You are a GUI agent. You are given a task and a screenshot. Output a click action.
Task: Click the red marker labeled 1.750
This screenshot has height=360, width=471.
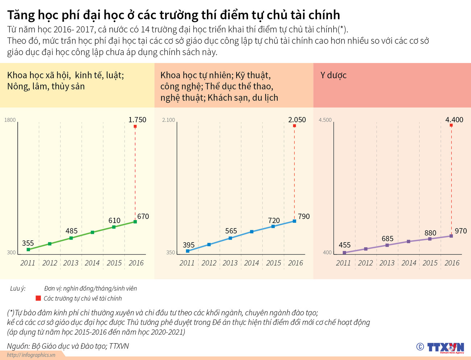135,127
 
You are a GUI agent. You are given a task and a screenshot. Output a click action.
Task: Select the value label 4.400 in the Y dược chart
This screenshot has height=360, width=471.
454,120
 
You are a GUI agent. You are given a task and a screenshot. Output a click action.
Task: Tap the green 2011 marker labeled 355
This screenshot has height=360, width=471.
29,249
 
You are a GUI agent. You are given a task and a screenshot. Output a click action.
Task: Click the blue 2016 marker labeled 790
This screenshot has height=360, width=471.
294,221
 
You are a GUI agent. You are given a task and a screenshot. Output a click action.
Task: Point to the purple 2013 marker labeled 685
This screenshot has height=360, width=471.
387,245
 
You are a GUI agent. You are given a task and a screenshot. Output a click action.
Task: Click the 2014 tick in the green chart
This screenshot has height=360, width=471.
92,263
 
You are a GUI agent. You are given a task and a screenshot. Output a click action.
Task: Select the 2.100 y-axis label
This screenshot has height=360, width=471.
168,120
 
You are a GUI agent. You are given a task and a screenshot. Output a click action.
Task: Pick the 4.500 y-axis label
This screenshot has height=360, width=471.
325,120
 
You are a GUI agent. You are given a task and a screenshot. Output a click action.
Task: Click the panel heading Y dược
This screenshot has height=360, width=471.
333,75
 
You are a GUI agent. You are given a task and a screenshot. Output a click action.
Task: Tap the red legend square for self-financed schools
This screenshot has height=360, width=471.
38,298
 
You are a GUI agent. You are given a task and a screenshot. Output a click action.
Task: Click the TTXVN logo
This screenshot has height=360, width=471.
445,347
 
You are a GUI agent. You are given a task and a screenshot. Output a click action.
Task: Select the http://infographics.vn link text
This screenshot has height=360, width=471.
31,355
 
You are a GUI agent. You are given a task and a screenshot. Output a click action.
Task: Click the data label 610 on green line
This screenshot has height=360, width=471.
114,220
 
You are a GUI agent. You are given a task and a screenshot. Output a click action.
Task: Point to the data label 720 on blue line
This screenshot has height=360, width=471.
274,220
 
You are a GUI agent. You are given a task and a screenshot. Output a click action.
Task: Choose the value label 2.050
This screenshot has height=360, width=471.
297,120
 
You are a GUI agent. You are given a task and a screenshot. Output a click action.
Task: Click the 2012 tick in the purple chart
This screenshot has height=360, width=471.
365,263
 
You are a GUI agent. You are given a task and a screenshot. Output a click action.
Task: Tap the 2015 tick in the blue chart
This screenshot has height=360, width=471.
274,263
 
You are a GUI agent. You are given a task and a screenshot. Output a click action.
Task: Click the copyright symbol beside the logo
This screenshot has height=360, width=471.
420,347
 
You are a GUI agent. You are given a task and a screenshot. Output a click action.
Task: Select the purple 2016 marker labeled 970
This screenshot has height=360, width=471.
451,236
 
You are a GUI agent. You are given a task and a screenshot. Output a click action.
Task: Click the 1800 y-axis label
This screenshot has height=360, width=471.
10,120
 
